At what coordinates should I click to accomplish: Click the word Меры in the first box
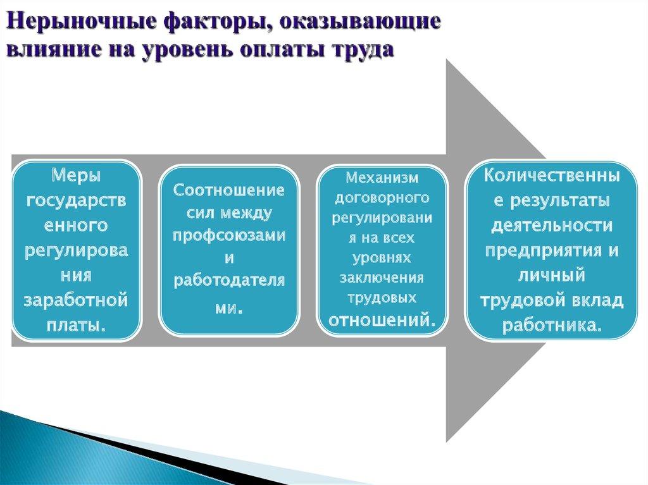(x=76, y=175)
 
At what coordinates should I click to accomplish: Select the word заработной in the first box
(x=76, y=300)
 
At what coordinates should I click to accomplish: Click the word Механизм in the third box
(x=382, y=179)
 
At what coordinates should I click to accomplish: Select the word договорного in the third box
(x=382, y=199)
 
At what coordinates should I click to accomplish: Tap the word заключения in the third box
(x=382, y=278)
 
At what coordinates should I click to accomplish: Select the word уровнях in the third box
(x=382, y=259)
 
